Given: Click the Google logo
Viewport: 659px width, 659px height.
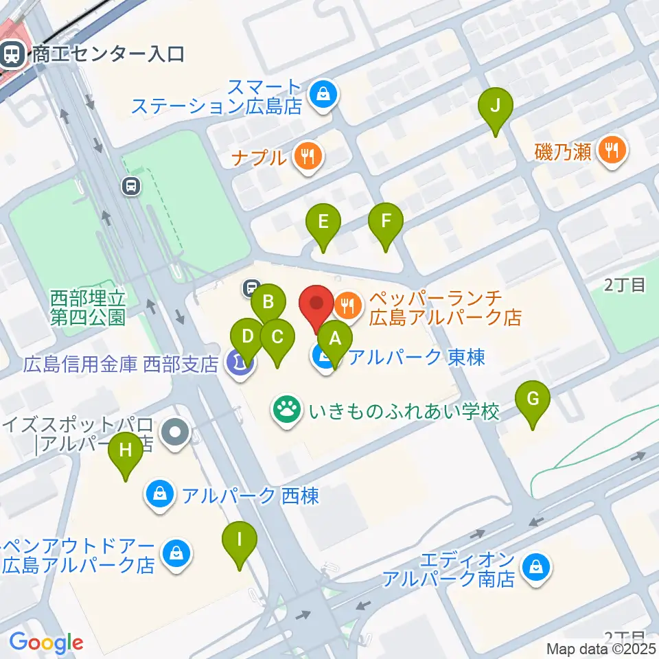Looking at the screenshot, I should point(46,643).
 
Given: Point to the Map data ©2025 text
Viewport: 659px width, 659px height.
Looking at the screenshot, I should point(601,649).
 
